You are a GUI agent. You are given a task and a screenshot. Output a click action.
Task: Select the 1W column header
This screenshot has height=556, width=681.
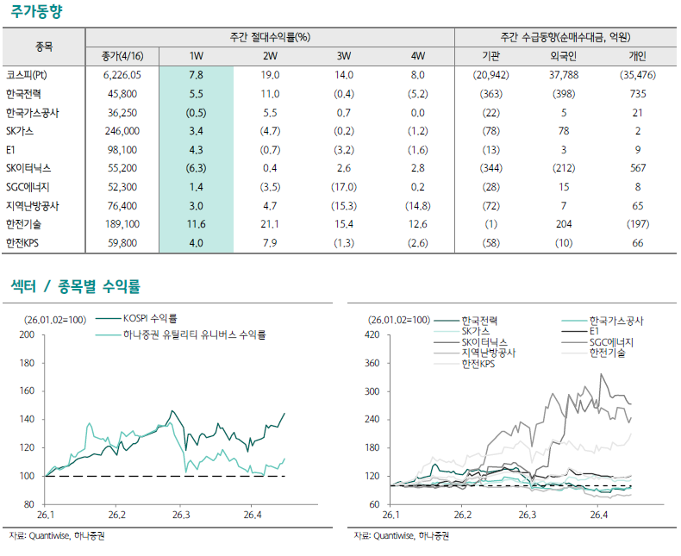196,56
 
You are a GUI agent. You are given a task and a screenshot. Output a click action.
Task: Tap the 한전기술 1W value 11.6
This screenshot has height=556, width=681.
196,224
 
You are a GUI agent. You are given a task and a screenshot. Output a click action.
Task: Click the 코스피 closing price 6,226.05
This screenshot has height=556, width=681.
122,75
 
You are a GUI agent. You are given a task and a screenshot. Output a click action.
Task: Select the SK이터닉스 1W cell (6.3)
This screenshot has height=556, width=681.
196,168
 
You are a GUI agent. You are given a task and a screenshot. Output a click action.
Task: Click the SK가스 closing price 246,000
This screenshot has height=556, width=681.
122,131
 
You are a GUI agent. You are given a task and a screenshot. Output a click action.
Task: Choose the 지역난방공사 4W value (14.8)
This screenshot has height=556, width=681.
417,206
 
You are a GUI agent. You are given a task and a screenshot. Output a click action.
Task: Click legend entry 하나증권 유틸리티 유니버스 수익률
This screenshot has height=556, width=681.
195,334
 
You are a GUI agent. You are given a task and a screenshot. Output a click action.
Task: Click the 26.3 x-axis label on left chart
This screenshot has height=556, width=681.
180,515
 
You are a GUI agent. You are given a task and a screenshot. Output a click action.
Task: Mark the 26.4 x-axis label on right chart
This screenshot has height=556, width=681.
598,515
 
